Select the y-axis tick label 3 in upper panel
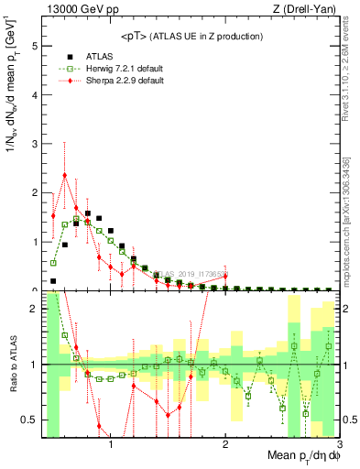[x=35, y=143]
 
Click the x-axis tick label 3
[x=338, y=446]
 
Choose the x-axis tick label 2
[x=224, y=446]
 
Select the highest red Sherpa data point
[x=64, y=175]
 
